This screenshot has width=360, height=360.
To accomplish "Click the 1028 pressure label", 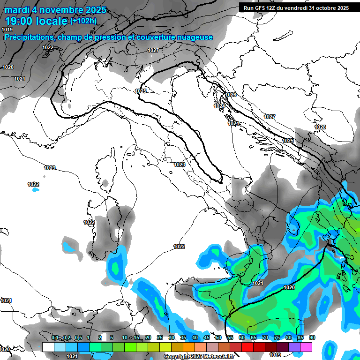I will [x=320, y=127].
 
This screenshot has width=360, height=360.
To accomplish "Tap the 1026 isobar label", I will [x=231, y=95].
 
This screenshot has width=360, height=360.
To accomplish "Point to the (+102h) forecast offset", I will [x=84, y=21].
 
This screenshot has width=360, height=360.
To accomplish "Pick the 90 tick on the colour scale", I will [x=312, y=338].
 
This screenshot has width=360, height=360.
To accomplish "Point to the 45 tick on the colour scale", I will [x=207, y=338].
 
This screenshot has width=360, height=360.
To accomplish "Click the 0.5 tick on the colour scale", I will [x=78, y=338].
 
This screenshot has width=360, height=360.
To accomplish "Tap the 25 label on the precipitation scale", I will [x=160, y=338].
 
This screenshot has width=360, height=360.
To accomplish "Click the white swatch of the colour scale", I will [x=48, y=347].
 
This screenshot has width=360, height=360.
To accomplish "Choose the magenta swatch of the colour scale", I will [x=306, y=347].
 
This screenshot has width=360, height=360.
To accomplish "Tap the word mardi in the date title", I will [x=16, y=10].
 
